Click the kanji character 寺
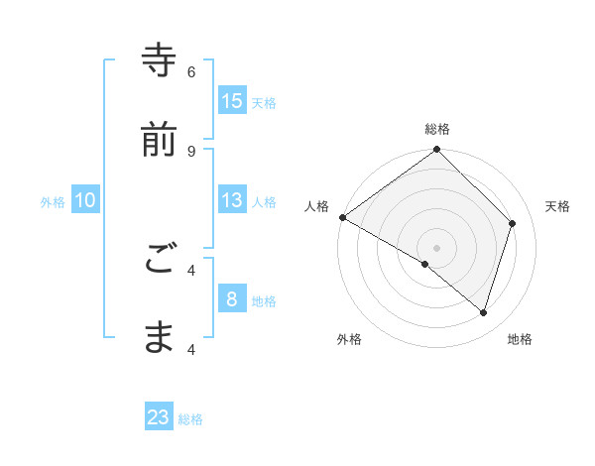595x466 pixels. pos(159,60)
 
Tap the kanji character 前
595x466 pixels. pos(159,140)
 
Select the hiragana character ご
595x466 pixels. pos(159,259)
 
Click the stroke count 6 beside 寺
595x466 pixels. pos(191,71)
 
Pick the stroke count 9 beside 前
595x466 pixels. pos(191,151)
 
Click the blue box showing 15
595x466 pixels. pos(232,100)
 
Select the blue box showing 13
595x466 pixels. pos(232,200)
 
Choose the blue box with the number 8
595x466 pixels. pos(232,299)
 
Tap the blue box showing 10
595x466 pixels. pos(85,200)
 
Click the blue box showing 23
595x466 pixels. pos(159,417)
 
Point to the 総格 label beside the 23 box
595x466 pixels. pos(190,419)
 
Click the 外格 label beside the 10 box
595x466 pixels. pos(53,202)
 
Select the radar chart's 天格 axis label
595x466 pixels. pos(557,206)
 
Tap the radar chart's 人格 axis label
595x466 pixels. pos(316,206)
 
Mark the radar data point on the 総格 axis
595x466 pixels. pos(436,151)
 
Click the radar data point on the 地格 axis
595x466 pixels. pos(484,313)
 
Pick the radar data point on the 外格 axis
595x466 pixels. pos(425,264)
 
